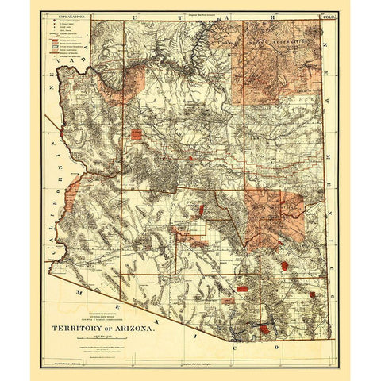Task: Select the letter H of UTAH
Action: click(x=256, y=16)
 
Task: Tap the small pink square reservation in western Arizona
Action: click(x=137, y=134)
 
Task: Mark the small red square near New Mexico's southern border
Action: click(x=313, y=294)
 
